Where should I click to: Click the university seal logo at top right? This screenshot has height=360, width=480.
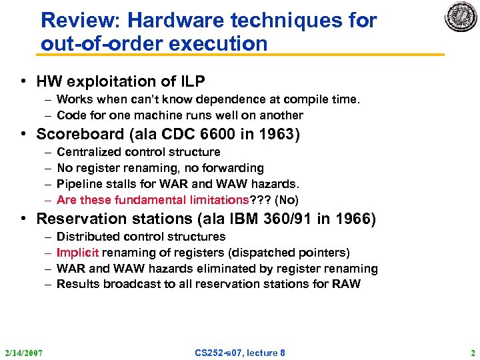click(x=461, y=17)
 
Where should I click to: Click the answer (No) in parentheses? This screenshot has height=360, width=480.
click(x=287, y=200)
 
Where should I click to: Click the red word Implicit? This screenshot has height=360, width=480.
click(x=77, y=253)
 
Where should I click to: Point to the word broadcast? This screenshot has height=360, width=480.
click(x=126, y=285)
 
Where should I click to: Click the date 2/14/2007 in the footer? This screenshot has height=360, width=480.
click(x=23, y=353)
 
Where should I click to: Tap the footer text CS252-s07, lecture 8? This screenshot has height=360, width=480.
click(x=239, y=353)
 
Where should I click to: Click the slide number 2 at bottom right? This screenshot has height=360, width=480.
click(x=472, y=353)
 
